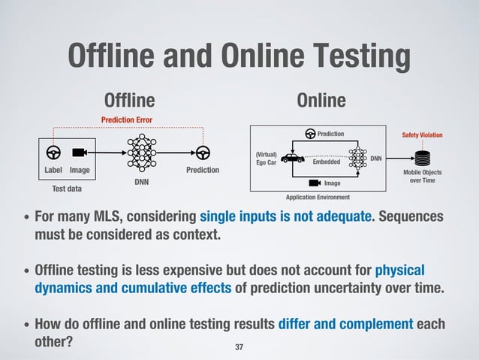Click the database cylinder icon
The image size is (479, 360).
(423, 159)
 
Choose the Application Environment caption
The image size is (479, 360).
(319, 197)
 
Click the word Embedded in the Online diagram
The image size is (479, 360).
(326, 162)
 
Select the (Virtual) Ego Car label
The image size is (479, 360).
(267, 159)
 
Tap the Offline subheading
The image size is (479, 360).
(129, 101)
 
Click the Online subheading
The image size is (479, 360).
(321, 101)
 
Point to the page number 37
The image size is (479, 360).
(239, 347)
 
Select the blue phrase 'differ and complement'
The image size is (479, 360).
(346, 324)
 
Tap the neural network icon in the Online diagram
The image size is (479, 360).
(357, 159)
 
